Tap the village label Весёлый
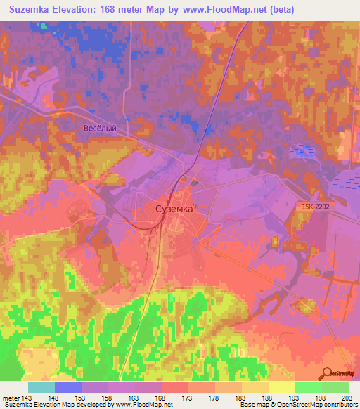click(99, 129)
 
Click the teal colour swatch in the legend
click(41, 387)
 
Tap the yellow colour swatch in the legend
click(282, 387)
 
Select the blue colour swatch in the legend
click(68, 387)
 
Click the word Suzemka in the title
click(32, 10)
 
